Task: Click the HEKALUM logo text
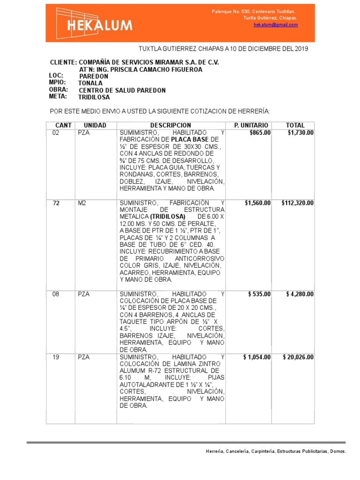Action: pyautogui.click(x=99, y=25)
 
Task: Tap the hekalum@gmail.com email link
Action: pyautogui.click(x=276, y=25)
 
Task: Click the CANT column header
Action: pyautogui.click(x=63, y=125)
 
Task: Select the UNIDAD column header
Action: pyautogui.click(x=95, y=125)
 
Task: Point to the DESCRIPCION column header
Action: pyautogui.click(x=171, y=125)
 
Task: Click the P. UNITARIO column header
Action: pyautogui.click(x=251, y=125)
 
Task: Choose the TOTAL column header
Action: pyautogui.click(x=295, y=125)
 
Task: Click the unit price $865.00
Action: pyautogui.click(x=260, y=133)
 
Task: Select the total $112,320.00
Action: pyautogui.click(x=298, y=203)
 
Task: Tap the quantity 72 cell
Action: pyautogui.click(x=56, y=203)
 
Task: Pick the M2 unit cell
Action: pyautogui.click(x=82, y=203)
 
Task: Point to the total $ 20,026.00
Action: pyautogui.click(x=298, y=357)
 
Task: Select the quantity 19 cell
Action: pyautogui.click(x=56, y=357)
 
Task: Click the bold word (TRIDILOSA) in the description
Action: pyautogui.click(x=168, y=217)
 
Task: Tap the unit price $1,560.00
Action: pyautogui.click(x=257, y=203)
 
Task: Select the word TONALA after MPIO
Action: pyautogui.click(x=90, y=83)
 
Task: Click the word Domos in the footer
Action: pyautogui.click(x=337, y=451)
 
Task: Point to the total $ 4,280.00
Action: pyautogui.click(x=300, y=294)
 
